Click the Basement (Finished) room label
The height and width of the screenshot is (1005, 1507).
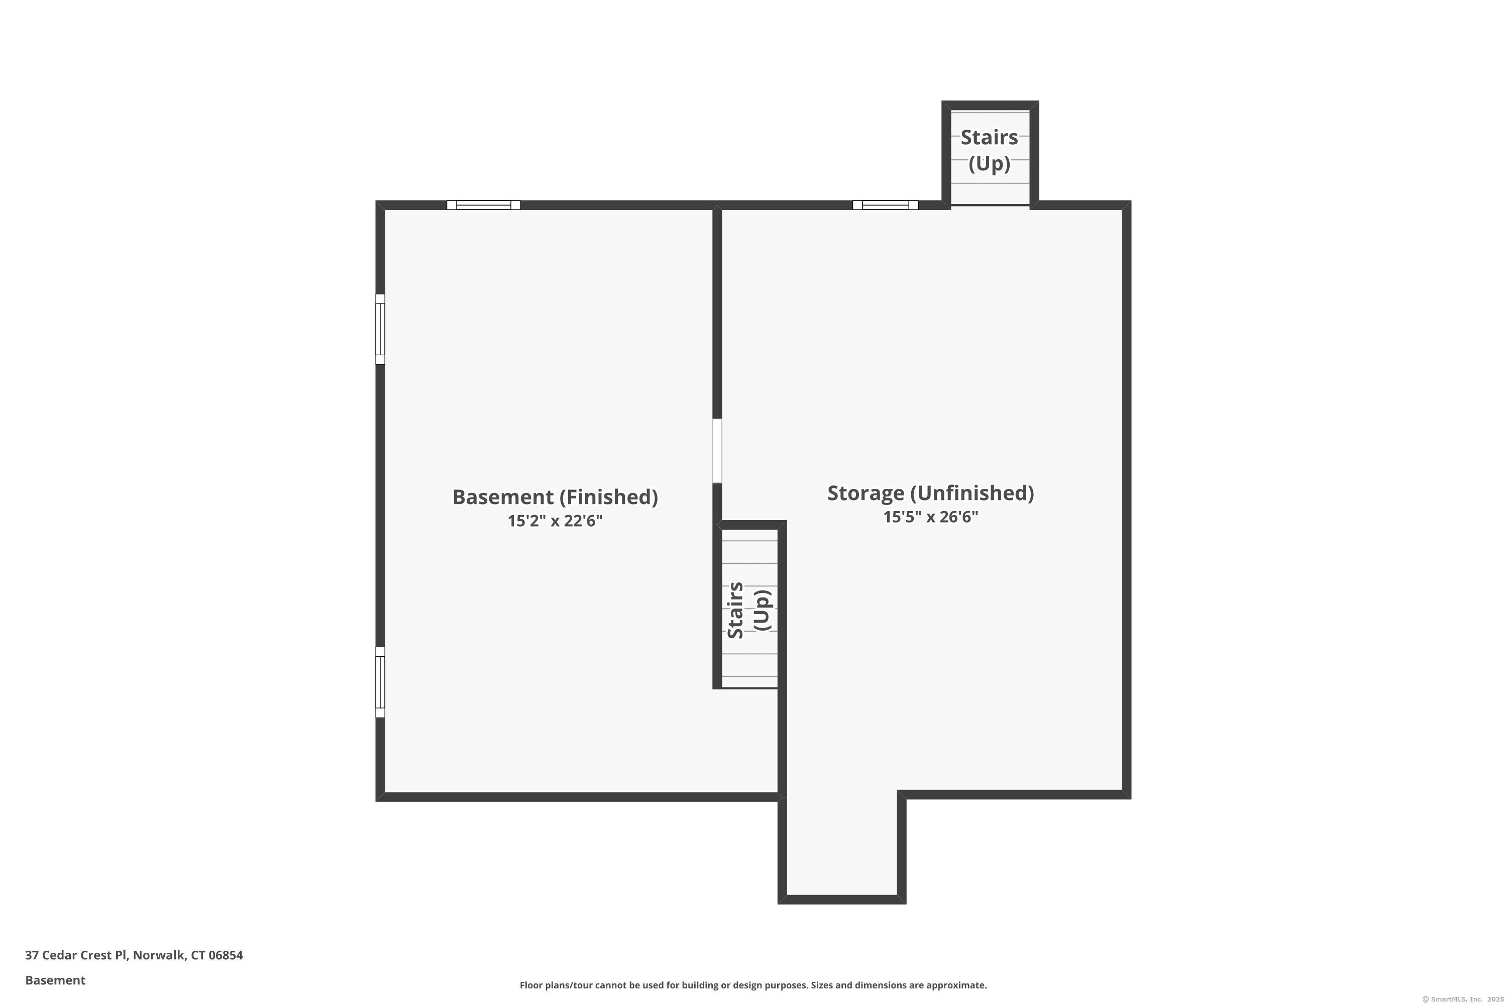tap(555, 497)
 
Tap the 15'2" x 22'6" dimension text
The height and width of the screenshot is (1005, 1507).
tap(555, 521)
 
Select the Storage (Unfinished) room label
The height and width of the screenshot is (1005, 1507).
tap(930, 493)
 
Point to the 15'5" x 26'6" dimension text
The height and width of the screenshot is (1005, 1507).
tap(930, 517)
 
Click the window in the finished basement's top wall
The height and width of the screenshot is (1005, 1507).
tap(483, 205)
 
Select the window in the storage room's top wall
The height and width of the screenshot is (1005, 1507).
tap(886, 205)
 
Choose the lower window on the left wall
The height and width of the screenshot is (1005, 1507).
tap(380, 682)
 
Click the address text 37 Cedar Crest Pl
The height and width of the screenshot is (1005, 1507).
tap(76, 955)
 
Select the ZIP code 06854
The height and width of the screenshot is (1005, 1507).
tap(226, 955)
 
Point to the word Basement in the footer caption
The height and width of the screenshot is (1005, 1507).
tap(55, 980)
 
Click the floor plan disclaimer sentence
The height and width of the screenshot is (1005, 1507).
tap(753, 985)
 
